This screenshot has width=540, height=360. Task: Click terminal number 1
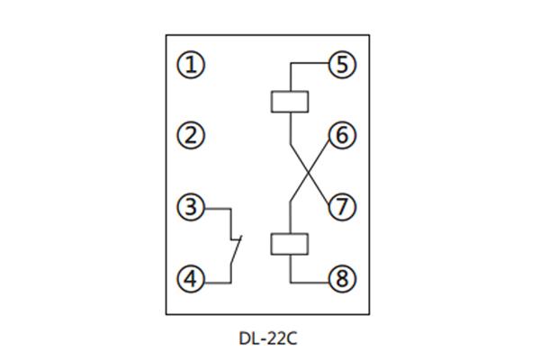(190, 65)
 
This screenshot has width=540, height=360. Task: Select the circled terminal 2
(190, 136)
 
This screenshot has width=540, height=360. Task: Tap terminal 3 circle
(190, 207)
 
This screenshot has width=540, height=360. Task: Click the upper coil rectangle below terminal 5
(290, 101)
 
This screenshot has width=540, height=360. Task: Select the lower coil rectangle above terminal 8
(290, 244)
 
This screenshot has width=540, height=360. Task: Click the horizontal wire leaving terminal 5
(310, 65)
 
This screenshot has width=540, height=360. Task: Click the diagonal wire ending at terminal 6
(321, 155)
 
